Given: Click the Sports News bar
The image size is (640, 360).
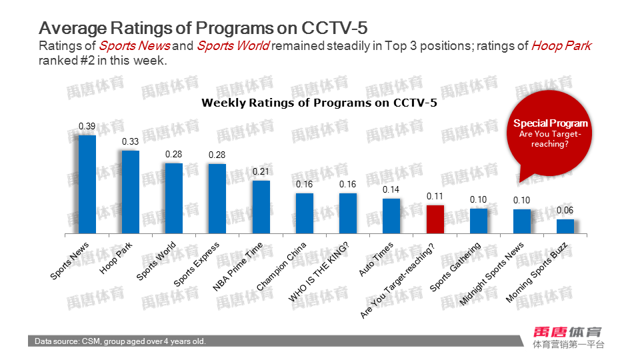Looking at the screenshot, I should tap(87, 185).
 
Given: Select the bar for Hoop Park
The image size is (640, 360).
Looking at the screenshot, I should tap(131, 192).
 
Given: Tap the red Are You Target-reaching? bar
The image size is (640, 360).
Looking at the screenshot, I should tap(435, 219).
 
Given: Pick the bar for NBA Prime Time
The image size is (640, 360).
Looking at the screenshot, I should tap(261, 207).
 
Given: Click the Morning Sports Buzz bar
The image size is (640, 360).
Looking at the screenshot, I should tap(565, 226).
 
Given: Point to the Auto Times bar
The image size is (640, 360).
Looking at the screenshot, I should tap(391, 216).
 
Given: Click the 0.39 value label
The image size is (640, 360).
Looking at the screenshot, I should tap(87, 127).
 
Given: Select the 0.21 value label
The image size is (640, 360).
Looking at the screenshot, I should tap(261, 172).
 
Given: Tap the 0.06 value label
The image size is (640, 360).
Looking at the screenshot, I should tap(565, 211).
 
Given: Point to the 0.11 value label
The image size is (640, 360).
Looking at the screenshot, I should tap(435, 197).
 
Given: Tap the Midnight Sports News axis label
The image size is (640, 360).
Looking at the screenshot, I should tap(493, 273).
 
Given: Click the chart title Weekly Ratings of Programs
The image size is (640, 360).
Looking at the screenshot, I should tap(319, 103).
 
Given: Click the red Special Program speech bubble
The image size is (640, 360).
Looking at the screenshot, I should tap(550, 137).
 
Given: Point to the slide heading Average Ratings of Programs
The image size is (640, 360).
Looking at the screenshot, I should tap(203, 28).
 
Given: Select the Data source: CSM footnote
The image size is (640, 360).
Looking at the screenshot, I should tap(121, 341).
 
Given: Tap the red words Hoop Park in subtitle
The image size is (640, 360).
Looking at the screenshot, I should tap(561, 46).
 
